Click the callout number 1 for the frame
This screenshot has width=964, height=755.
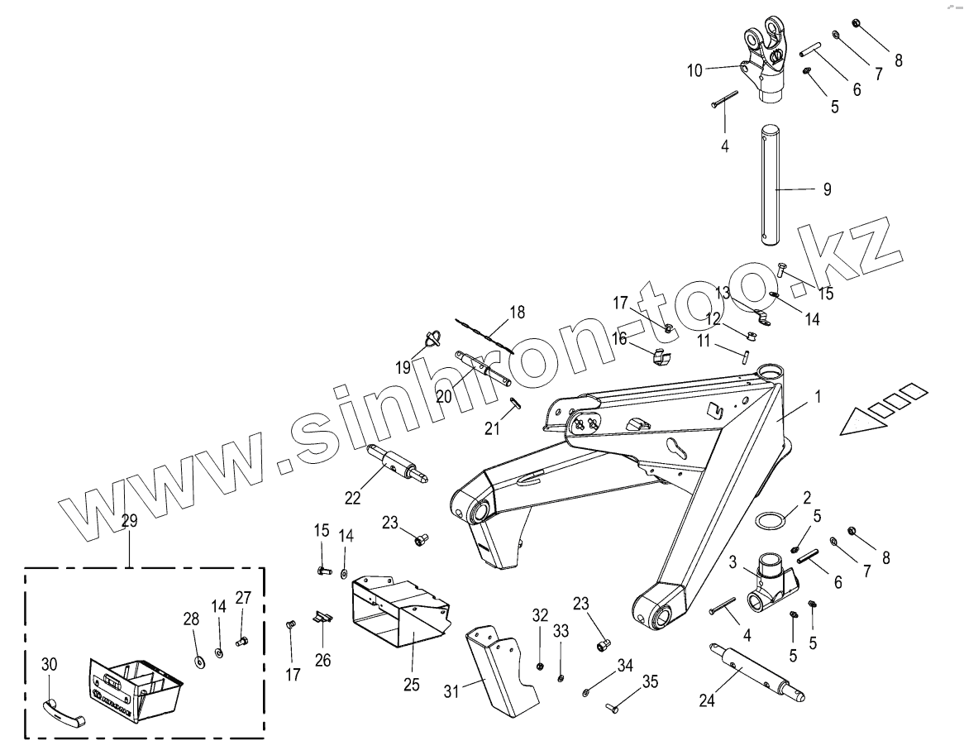[818, 396]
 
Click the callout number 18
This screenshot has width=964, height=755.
[517, 313]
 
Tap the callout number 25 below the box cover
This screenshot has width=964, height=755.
[412, 684]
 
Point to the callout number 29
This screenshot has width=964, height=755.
[130, 521]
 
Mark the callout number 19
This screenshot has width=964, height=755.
[403, 367]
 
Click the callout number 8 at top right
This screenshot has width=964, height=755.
[899, 60]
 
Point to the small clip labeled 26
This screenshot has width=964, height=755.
[322, 616]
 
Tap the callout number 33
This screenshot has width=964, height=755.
[561, 631]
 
